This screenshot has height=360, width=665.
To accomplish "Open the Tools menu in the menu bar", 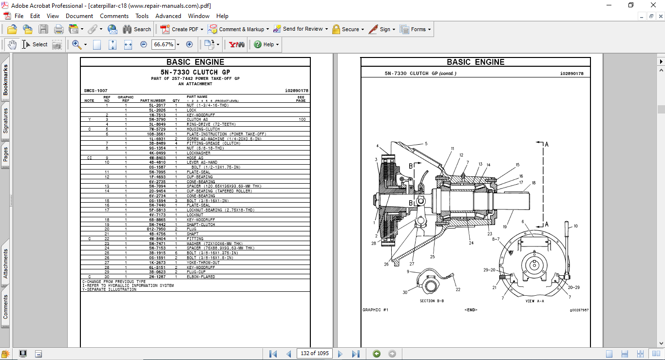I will [x=142, y=16].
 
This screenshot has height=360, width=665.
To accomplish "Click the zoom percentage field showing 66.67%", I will [x=163, y=44].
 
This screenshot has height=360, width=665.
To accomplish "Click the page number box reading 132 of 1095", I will [x=315, y=353].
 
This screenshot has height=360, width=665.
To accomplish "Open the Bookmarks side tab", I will [x=6, y=80].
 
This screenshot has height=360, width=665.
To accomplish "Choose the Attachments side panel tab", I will [x=6, y=264].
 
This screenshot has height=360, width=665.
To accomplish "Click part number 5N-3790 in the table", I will [x=157, y=119].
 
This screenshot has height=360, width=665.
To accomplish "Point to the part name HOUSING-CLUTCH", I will [x=203, y=129].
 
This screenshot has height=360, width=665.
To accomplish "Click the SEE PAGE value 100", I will [x=302, y=119].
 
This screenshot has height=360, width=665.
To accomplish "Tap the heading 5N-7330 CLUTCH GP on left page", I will [x=195, y=72].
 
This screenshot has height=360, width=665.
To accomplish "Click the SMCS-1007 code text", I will [x=95, y=91].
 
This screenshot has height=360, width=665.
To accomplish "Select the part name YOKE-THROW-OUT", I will [x=203, y=263].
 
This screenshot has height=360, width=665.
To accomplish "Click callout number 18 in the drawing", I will [x=533, y=183].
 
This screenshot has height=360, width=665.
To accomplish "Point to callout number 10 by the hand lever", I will [x=575, y=226].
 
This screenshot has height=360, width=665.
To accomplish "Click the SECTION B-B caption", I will [x=432, y=301].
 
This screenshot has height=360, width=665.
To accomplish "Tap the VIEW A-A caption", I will [x=534, y=301].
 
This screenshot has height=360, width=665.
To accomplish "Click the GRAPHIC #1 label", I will [x=375, y=310].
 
